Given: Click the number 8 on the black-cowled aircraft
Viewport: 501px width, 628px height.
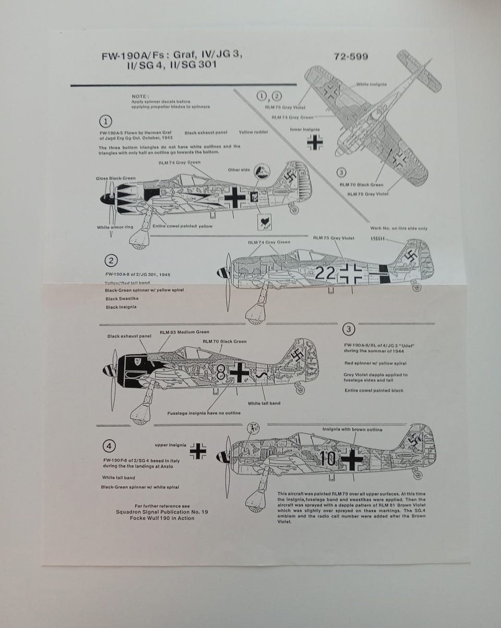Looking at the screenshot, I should click(x=221, y=371).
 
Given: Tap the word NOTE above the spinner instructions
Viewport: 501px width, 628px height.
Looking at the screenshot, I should click(x=140, y=96).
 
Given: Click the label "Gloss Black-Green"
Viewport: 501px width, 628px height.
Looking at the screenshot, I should click(x=115, y=179).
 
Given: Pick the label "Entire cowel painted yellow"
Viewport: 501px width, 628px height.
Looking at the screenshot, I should click(x=182, y=227).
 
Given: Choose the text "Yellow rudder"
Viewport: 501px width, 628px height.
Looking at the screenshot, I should click(x=254, y=132).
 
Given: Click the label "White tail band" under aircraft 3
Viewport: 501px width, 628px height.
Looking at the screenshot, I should click(x=264, y=403).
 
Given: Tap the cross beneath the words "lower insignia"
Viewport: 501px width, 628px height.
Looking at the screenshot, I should click(x=315, y=141).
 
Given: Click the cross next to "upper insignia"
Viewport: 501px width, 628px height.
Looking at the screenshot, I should click(x=198, y=451).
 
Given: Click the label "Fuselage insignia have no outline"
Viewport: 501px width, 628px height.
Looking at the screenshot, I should click(x=204, y=413).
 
